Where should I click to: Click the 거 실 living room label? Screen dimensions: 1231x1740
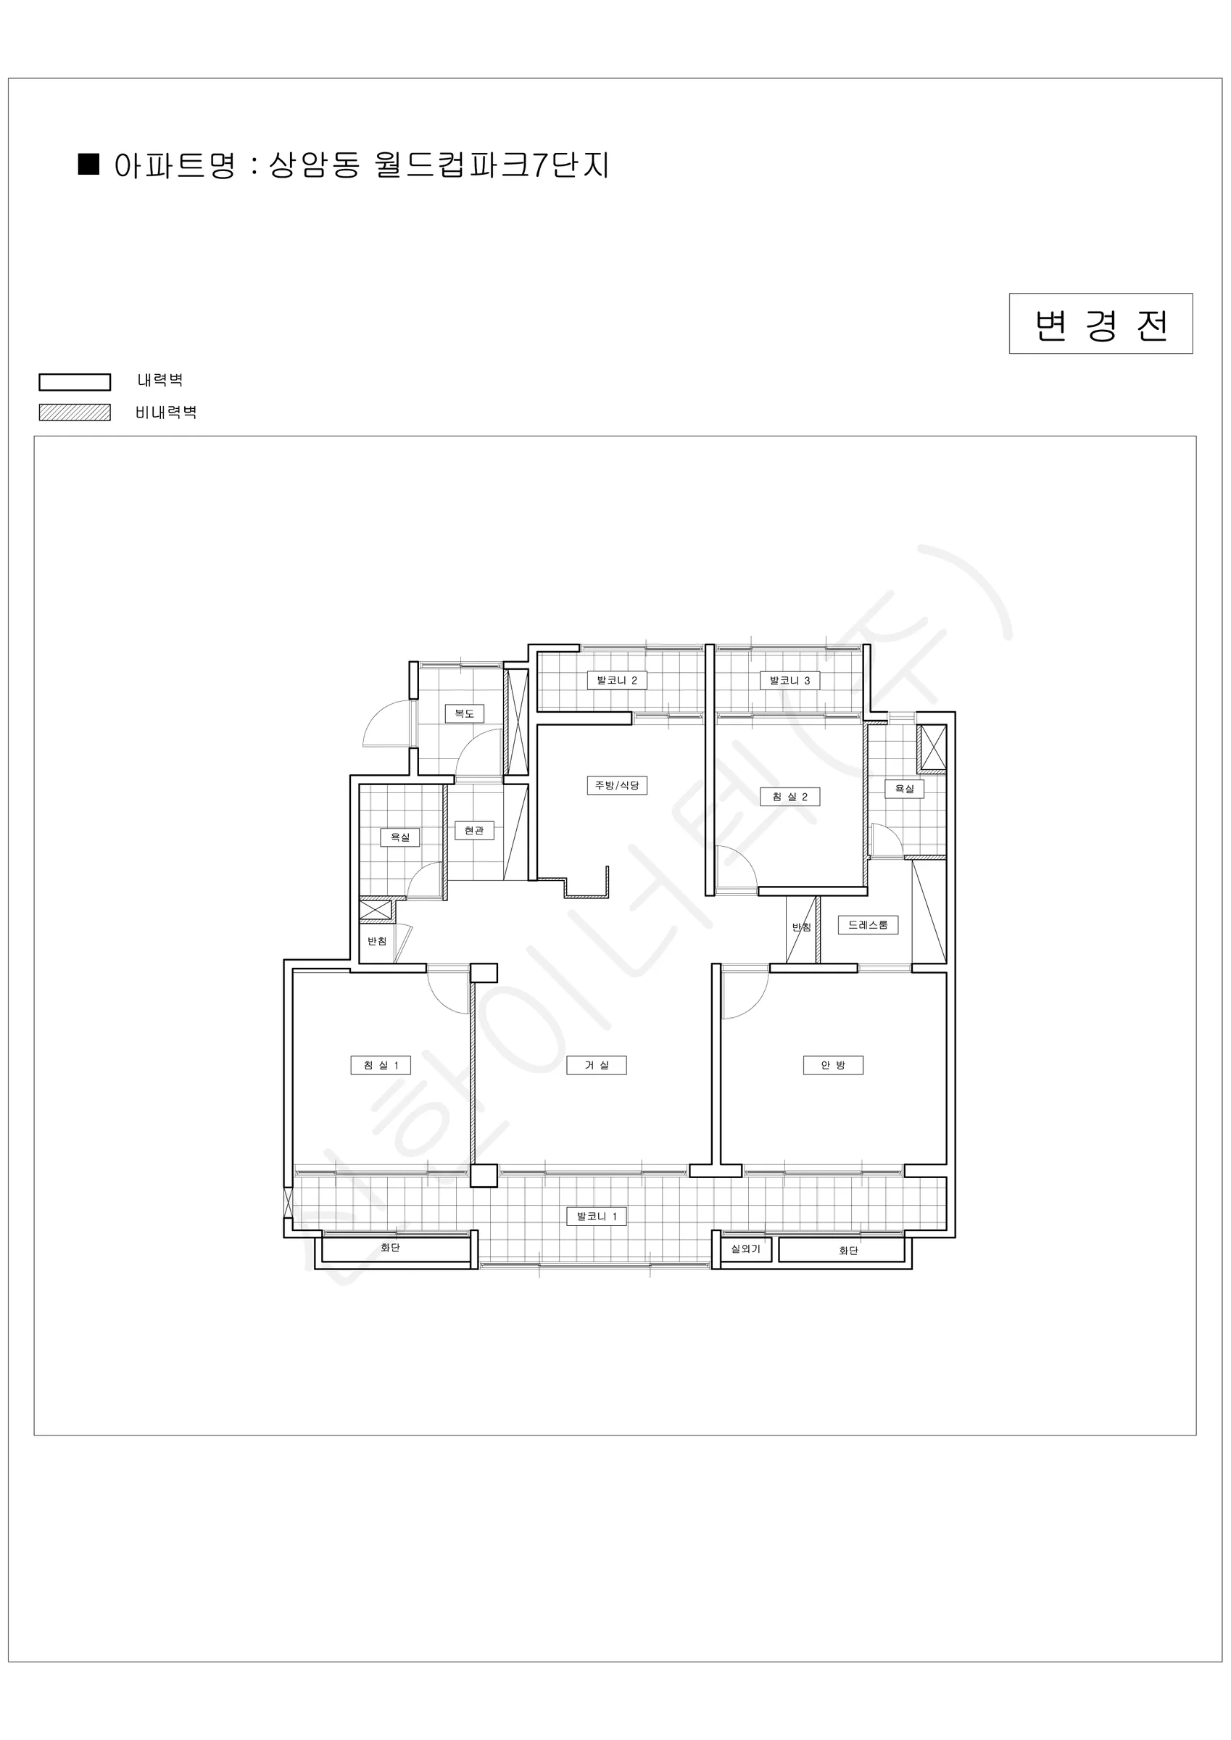(x=597, y=1065)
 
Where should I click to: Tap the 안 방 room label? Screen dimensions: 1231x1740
(x=833, y=1065)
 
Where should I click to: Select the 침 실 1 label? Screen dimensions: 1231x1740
(x=381, y=1065)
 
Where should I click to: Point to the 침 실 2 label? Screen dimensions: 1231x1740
(x=789, y=797)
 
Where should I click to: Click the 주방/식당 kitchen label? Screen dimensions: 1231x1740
(x=617, y=785)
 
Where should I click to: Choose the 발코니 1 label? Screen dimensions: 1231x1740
(x=597, y=1217)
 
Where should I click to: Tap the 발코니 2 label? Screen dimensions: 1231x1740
(x=617, y=681)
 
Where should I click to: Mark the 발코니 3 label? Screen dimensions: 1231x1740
(x=789, y=681)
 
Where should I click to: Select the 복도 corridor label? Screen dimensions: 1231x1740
(x=465, y=713)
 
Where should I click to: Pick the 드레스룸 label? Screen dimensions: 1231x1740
(x=868, y=924)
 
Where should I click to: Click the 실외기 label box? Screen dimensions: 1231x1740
(x=746, y=1248)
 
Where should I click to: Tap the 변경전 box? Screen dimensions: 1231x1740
(x=1101, y=323)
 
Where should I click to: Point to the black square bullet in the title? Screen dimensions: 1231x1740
(x=89, y=165)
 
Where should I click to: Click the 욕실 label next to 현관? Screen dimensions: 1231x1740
(x=400, y=837)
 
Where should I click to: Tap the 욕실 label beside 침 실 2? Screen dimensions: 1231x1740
(x=905, y=789)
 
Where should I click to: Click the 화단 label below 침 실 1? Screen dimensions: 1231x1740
(x=390, y=1248)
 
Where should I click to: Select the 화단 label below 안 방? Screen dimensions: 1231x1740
(x=848, y=1251)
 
